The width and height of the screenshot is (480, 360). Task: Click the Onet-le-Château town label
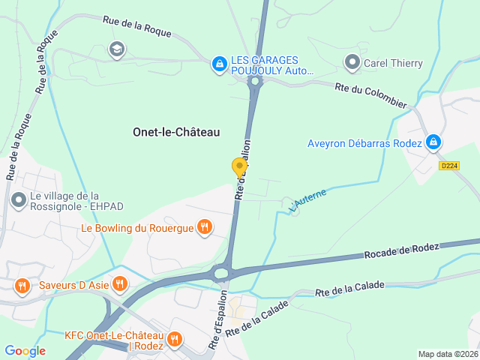[x=176, y=132]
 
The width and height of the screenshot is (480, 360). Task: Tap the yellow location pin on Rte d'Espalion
[x=239, y=167]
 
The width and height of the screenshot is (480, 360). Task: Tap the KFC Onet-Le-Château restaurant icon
[x=175, y=339]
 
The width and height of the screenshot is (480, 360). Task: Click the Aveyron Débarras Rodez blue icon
[x=433, y=142]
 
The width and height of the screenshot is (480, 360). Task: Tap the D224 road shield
[x=448, y=166]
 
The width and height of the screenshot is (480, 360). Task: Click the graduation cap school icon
[x=116, y=50]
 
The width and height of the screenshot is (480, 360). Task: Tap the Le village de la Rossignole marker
[x=18, y=199]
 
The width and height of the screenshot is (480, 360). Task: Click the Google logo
[x=25, y=350]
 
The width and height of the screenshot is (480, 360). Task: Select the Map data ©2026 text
[x=447, y=354]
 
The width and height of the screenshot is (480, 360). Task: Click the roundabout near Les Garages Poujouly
[x=255, y=81]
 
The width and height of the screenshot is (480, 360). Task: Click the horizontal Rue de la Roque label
[x=137, y=28]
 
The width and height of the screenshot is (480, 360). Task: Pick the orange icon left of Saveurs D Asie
[x=22, y=284]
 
